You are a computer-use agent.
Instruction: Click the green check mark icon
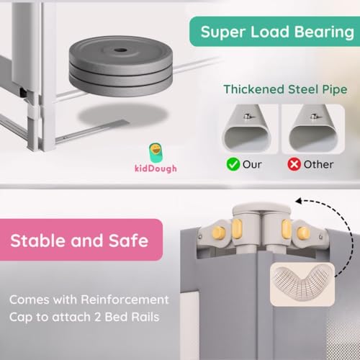click(x=233, y=163)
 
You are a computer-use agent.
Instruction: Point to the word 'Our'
click(x=253, y=163)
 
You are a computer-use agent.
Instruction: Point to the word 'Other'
click(x=318, y=163)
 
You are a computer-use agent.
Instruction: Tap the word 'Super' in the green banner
click(x=223, y=32)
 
